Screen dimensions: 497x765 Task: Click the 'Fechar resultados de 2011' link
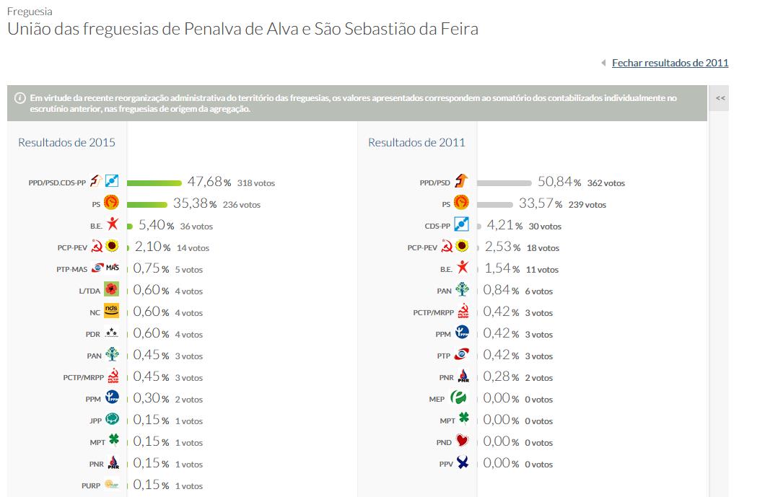click(670, 63)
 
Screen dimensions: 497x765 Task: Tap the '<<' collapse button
click(720, 98)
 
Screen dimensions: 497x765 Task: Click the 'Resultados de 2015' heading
click(66, 142)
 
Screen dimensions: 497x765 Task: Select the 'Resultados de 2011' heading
click(416, 142)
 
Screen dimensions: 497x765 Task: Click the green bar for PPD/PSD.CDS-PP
click(154, 182)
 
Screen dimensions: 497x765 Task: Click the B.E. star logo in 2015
click(112, 225)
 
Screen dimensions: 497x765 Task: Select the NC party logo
click(111, 312)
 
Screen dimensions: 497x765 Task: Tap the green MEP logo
click(460, 398)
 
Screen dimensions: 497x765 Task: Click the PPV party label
click(446, 465)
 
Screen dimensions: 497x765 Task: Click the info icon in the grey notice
click(19, 97)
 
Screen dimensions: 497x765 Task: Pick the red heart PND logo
click(463, 441)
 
